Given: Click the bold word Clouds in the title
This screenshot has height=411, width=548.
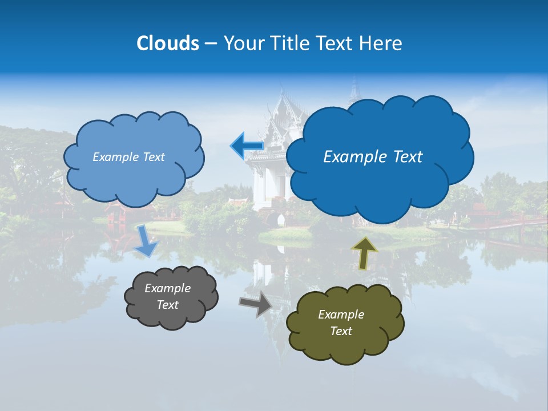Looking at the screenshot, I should click(x=167, y=43).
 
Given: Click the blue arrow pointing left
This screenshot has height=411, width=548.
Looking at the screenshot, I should click(x=247, y=146).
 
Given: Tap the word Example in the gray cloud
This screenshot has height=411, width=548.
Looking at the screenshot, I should click(x=167, y=288).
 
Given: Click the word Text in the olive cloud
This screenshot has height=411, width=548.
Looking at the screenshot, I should click(x=341, y=331).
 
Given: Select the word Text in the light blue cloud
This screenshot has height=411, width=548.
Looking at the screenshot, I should click(x=153, y=157).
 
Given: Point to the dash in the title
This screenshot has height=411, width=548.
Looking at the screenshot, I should click(x=210, y=43).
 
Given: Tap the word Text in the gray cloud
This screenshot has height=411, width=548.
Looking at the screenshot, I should click(x=167, y=305).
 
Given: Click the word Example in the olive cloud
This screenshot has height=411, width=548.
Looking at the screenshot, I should click(x=341, y=315).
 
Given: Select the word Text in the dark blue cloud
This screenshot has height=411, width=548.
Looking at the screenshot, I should click(x=406, y=157).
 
